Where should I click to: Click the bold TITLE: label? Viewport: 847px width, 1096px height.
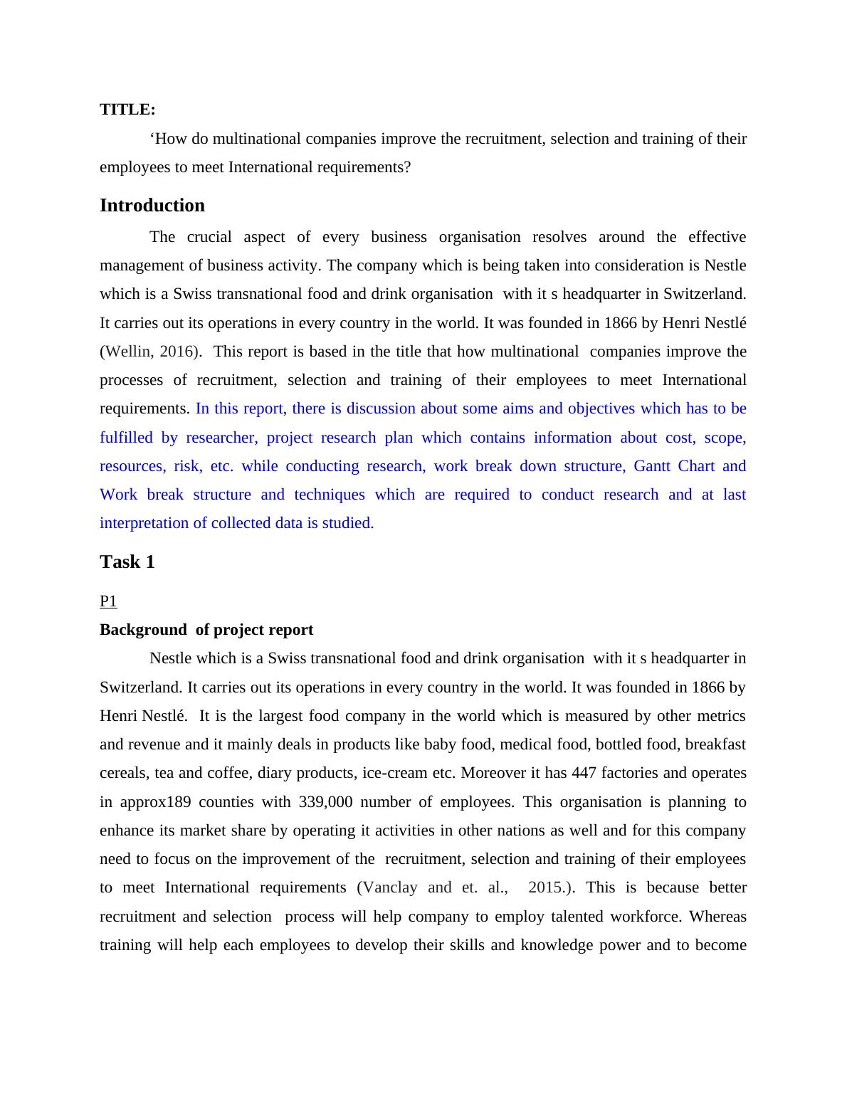127,110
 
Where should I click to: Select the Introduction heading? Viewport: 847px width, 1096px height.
152,206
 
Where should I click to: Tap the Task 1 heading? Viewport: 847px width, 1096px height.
127,562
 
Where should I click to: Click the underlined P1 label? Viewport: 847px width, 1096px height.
108,601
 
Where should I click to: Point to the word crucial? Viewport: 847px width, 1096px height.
210,237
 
